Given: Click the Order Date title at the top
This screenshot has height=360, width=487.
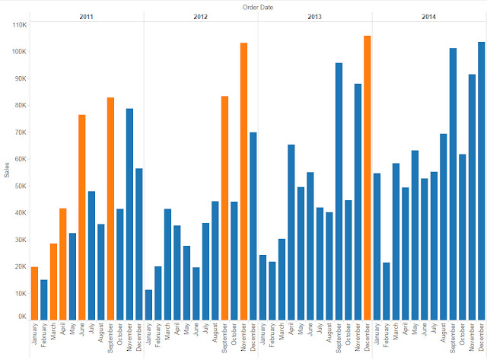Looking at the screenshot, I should click(x=257, y=7).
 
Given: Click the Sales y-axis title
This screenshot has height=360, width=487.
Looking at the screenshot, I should click(x=7, y=170).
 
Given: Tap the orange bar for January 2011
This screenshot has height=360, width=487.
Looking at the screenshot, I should click(x=34, y=293).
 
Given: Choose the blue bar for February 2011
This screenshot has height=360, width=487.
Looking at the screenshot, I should click(x=44, y=299).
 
